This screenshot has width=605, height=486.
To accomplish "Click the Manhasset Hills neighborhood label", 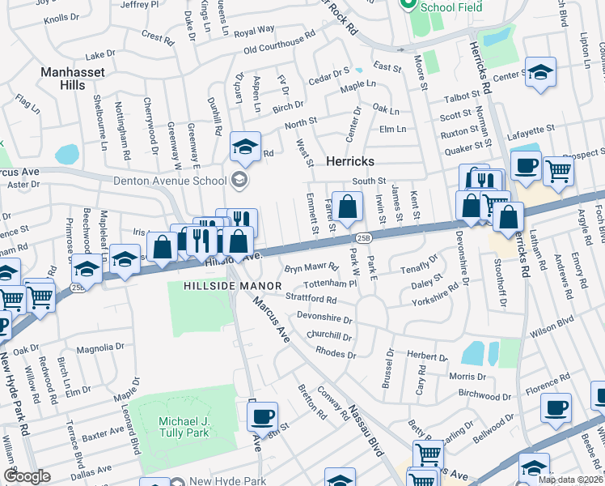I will (x=78, y=79).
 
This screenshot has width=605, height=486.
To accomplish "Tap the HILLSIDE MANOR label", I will (x=232, y=286).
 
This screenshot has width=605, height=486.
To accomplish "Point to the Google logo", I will (x=27, y=476).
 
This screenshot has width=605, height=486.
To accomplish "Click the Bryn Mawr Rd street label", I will (x=311, y=267).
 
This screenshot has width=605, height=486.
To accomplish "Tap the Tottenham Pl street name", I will (x=330, y=284).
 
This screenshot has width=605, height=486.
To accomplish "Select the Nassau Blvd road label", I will (x=364, y=433).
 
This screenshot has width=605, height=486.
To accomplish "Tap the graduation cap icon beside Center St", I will (x=540, y=71).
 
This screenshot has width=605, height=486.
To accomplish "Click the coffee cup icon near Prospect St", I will (x=527, y=164).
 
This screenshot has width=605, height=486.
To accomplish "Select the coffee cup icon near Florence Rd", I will (x=556, y=407).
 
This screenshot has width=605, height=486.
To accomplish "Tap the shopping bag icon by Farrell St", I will (x=348, y=206).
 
